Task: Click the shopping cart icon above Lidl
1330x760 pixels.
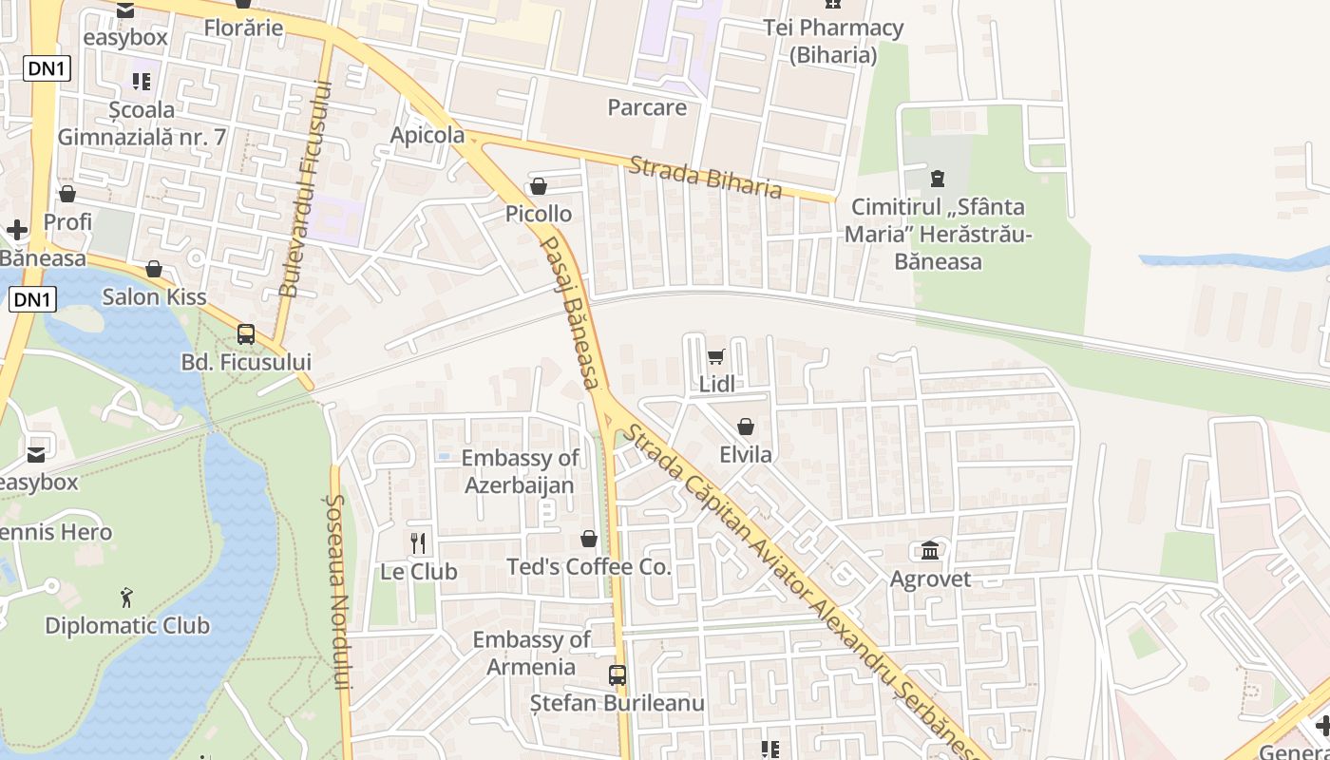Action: tap(716, 357)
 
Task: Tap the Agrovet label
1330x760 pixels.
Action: tap(930, 579)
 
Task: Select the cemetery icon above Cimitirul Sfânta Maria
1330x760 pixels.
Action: tap(938, 178)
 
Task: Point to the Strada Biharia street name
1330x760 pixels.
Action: tap(706, 178)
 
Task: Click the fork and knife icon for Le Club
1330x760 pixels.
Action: tap(418, 542)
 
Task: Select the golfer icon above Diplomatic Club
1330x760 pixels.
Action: tap(127, 598)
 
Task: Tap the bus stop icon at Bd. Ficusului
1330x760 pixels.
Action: tap(246, 333)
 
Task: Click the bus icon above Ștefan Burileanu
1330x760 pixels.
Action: tap(617, 675)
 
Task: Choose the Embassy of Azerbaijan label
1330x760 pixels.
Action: tap(520, 471)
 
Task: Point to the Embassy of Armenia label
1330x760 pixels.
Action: tap(531, 653)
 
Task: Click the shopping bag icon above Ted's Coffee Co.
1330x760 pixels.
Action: tap(589, 539)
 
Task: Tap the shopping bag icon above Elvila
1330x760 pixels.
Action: tap(746, 427)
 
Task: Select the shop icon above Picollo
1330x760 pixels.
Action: tap(539, 186)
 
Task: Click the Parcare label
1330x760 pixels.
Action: tap(647, 107)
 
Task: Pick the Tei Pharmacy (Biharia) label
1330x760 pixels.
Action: tap(833, 41)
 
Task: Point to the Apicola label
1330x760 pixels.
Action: tap(427, 135)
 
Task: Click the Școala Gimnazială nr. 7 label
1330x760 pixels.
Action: tap(142, 123)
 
